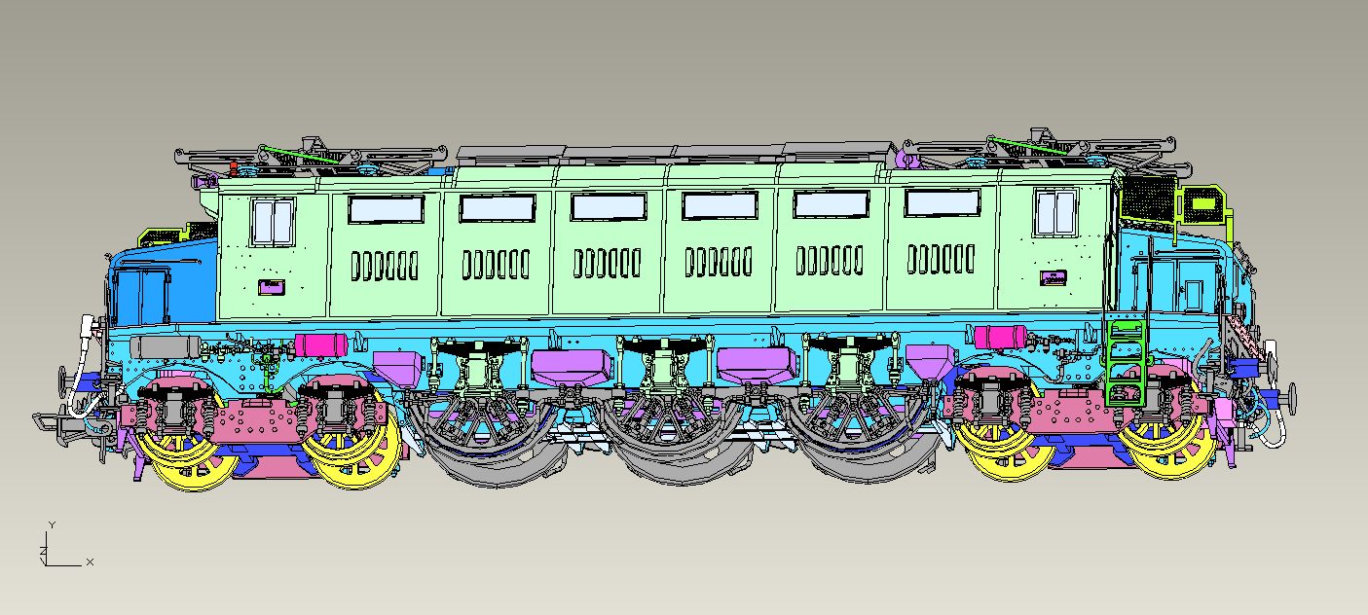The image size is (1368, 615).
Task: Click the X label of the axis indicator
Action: [90, 561]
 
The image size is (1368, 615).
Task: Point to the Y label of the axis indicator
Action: [53, 525]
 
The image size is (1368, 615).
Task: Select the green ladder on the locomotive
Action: [1126, 363]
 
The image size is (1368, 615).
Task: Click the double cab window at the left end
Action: [273, 222]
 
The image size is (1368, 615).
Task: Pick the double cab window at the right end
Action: [1055, 212]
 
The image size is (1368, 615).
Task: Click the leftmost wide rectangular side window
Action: [386, 209]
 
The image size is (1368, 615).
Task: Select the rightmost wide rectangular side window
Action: [943, 203]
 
